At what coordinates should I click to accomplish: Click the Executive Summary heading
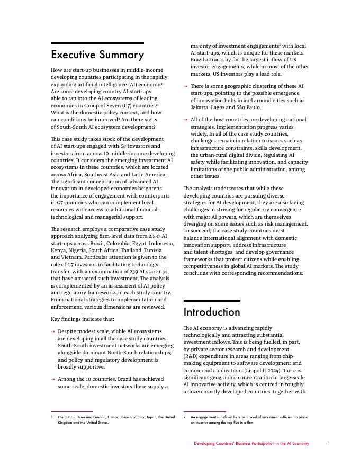[97, 55]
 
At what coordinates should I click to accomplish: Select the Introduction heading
[212, 312]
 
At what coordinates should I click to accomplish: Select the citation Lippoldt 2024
[267, 370]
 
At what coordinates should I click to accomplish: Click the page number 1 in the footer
[329, 443]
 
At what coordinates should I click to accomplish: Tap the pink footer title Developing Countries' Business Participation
[251, 443]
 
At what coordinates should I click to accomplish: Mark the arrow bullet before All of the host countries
[185, 120]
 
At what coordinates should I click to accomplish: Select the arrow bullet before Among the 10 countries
[53, 380]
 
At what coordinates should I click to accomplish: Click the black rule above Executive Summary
[97, 43]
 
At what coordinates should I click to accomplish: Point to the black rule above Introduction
[212, 301]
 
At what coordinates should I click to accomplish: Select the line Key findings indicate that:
[82, 319]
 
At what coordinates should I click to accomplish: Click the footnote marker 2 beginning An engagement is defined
[185, 417]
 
